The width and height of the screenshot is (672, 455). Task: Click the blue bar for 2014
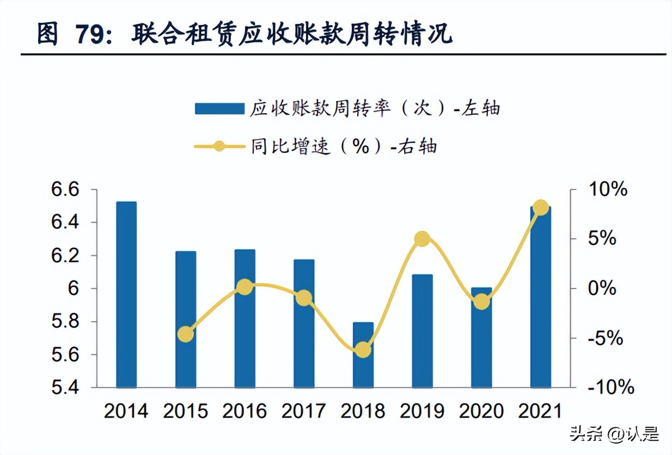126,294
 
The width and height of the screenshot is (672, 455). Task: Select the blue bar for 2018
363,355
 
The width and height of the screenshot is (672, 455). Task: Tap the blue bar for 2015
186,319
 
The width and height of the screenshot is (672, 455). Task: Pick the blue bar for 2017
304,323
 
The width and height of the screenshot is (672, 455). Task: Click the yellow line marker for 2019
422,239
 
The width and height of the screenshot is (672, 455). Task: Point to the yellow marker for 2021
541,208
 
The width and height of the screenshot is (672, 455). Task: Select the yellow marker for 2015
186,334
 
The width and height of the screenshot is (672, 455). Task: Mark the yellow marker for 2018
363,350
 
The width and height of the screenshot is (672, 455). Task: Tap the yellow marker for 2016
245,287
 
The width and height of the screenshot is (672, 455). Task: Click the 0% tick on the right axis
602,288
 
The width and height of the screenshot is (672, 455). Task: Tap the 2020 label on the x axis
481,411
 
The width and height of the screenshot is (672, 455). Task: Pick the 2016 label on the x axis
245,411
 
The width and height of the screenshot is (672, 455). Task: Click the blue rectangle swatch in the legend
219,108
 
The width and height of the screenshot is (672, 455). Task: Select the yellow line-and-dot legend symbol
219,146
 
